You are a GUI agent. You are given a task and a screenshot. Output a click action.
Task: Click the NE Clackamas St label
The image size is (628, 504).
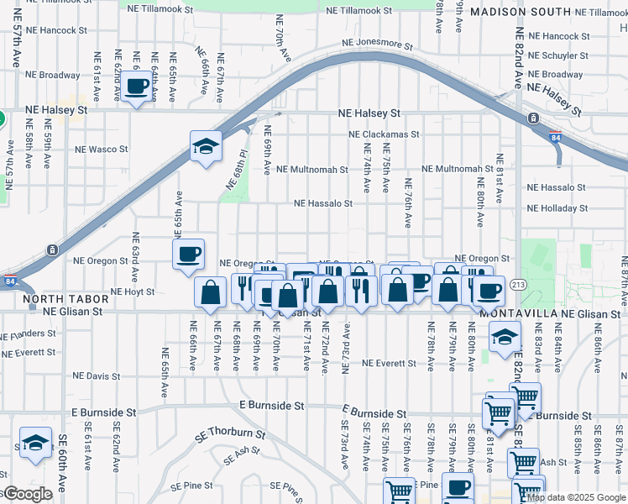[x=385, y=134]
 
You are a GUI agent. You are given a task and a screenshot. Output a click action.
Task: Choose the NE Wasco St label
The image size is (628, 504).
[x=101, y=150]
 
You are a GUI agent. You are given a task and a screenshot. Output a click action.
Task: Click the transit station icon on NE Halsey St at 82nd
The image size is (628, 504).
[x=532, y=118]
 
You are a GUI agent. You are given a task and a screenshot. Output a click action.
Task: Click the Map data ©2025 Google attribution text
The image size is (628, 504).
[x=576, y=497]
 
